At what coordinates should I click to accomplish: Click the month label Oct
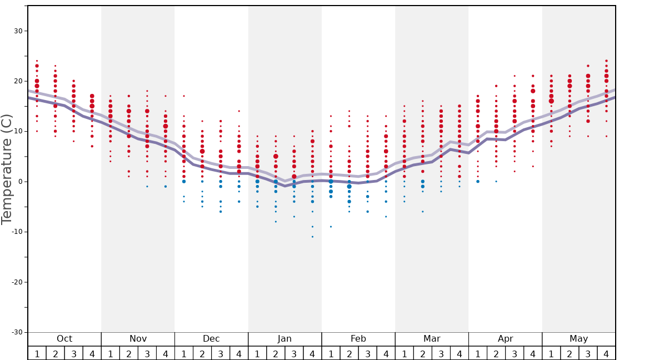click(x=64, y=339)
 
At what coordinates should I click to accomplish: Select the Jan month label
click(x=284, y=339)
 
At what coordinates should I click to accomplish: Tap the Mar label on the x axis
click(x=432, y=339)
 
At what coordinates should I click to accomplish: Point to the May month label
click(x=578, y=339)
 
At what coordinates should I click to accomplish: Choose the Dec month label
click(x=211, y=339)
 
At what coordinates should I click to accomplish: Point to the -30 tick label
click(x=16, y=332)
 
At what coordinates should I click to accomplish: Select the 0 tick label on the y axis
click(x=21, y=182)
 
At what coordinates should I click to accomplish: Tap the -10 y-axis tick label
click(x=16, y=232)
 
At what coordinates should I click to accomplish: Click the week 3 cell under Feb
click(x=367, y=353)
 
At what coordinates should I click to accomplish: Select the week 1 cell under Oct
click(x=37, y=353)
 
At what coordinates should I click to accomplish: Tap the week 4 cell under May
click(x=606, y=353)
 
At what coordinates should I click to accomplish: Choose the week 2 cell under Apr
click(x=496, y=353)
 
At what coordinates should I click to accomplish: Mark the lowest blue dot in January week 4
click(x=312, y=237)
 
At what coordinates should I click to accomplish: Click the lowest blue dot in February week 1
click(x=331, y=227)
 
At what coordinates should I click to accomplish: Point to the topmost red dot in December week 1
click(x=184, y=96)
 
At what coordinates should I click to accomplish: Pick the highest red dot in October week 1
click(x=37, y=61)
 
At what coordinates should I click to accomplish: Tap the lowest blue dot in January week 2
click(x=276, y=222)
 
